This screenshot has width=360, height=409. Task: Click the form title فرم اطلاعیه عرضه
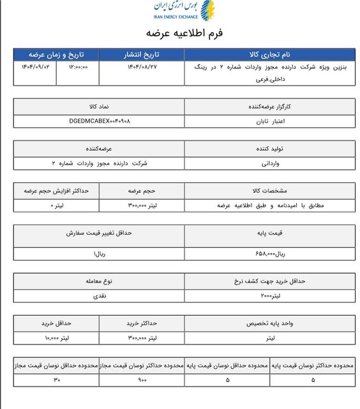(184, 33)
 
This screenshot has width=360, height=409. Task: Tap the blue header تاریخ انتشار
(142, 54)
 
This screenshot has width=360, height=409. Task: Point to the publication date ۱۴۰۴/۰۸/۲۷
(142, 66)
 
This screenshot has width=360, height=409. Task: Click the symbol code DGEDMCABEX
(99, 120)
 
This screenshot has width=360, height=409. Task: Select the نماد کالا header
(99, 106)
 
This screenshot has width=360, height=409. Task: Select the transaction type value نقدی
(99, 297)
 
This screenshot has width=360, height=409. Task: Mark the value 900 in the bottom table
(142, 380)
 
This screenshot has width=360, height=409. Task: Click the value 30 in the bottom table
(56, 380)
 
